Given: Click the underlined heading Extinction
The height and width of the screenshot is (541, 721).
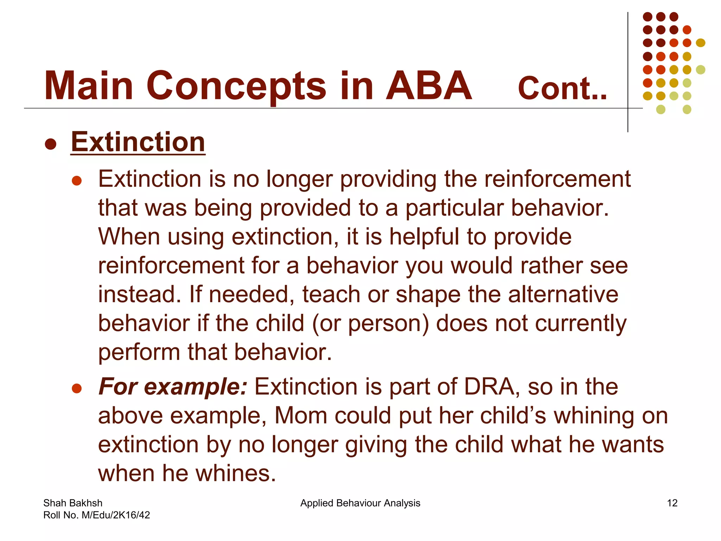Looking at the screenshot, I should (138, 142).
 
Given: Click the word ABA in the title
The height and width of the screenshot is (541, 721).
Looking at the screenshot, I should (428, 86).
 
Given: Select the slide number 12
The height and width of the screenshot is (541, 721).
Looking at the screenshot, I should (672, 503).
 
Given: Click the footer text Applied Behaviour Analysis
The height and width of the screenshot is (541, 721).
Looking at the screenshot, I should (360, 503).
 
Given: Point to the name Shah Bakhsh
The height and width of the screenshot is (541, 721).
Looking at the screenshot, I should (73, 503).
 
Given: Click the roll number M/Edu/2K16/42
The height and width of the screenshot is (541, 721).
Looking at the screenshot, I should (116, 515).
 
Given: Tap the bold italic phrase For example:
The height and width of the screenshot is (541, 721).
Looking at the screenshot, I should (173, 387).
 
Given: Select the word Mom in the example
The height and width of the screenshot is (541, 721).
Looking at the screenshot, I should (301, 416).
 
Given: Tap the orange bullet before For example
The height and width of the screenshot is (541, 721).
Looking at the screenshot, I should (77, 388).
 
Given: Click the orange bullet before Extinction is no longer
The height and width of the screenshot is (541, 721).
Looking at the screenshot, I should (77, 181).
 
